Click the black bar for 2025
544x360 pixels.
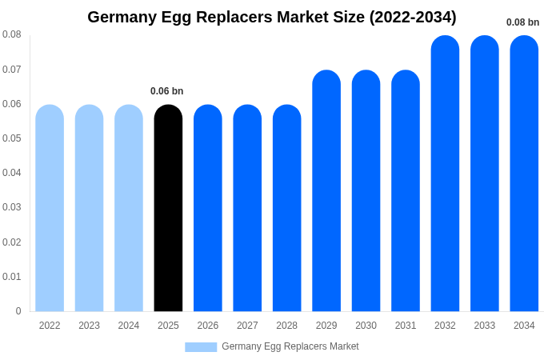(x=168, y=208)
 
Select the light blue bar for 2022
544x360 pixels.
(x=50, y=208)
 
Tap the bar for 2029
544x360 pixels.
(x=326, y=192)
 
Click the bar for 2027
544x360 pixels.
(x=247, y=208)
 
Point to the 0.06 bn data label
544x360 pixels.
(x=166, y=91)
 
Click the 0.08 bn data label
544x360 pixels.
(x=522, y=22)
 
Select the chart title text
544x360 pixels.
(x=272, y=17)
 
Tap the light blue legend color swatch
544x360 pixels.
(x=201, y=347)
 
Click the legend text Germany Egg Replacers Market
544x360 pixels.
(x=290, y=346)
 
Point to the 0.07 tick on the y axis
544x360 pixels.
(x=12, y=70)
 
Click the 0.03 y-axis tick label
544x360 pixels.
(x=12, y=207)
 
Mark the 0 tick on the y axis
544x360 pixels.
(x=18, y=311)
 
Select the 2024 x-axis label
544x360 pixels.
(x=129, y=326)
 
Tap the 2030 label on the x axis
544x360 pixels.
(x=366, y=326)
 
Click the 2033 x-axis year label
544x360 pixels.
(x=484, y=326)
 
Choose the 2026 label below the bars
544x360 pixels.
(x=208, y=326)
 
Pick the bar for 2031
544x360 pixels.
(x=406, y=192)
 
